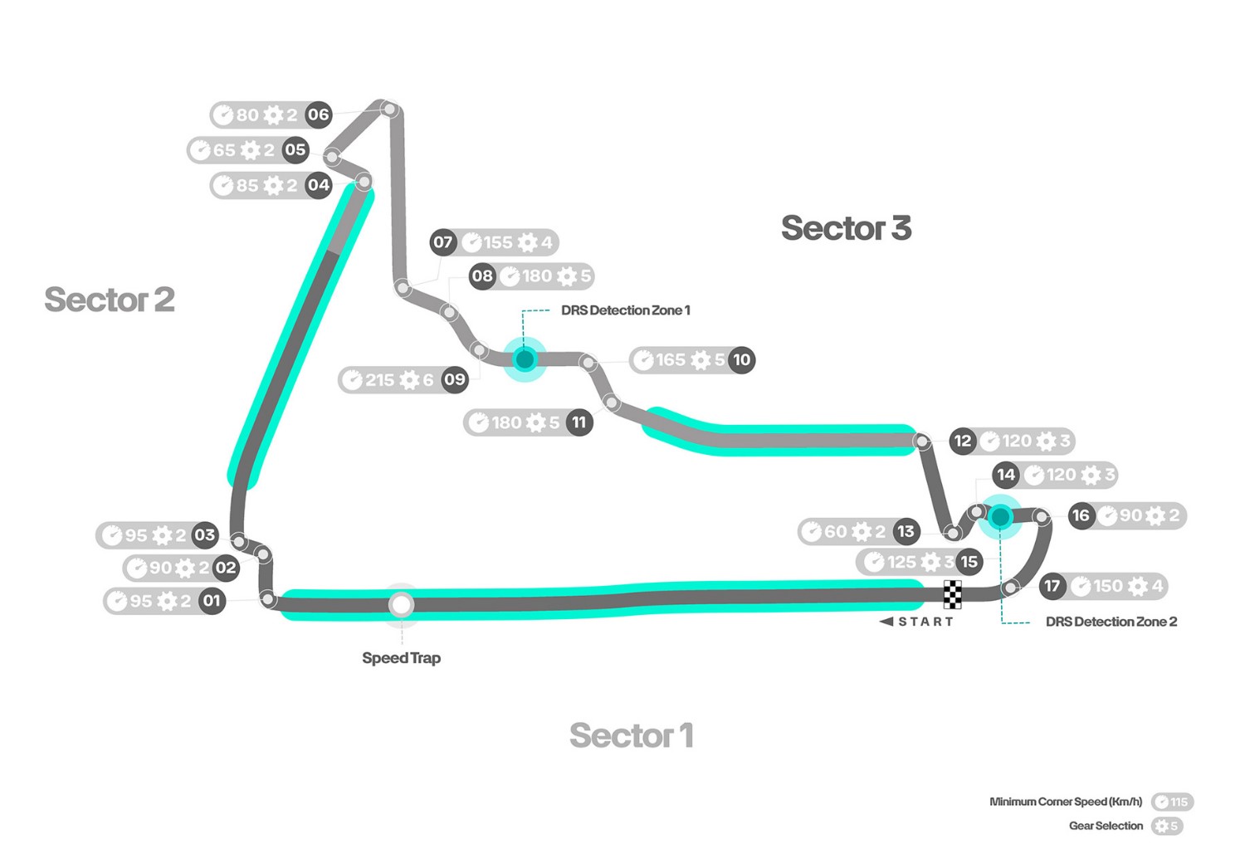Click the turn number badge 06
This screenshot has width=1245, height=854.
pos(319,115)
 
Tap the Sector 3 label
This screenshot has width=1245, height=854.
pos(846,228)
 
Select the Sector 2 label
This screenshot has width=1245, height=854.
pos(110,300)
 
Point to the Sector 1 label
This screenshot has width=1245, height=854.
pos(631,735)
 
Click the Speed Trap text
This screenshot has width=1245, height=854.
pos(401,658)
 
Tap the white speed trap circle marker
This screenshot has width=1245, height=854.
pos(402,604)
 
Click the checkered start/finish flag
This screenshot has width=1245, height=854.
pos(953,594)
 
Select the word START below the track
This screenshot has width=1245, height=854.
pos(925,622)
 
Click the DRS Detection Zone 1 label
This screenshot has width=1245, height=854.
pos(625,310)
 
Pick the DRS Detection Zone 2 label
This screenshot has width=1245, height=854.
pos(1111,622)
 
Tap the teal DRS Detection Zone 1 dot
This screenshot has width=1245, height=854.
pos(525,359)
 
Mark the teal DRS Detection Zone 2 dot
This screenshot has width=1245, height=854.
pos(1000,517)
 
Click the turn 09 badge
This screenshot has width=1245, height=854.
pos(455,380)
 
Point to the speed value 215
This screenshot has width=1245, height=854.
pos(379,380)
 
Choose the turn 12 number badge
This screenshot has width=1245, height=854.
pos(962,441)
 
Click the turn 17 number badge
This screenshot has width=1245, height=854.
pos(1052,586)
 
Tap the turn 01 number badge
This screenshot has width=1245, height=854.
pos(212,601)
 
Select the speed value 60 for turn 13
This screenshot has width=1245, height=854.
pos(835,531)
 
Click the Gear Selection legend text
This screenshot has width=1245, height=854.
pos(1106,826)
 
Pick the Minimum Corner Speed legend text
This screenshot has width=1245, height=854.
pos(1066,802)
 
